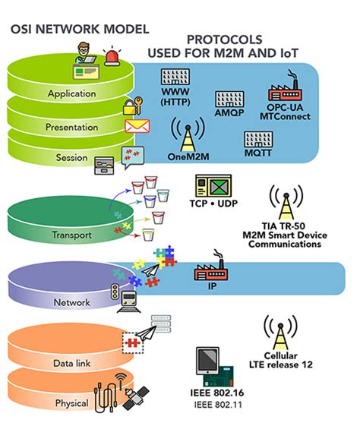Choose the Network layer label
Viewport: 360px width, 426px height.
pos(71,302)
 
